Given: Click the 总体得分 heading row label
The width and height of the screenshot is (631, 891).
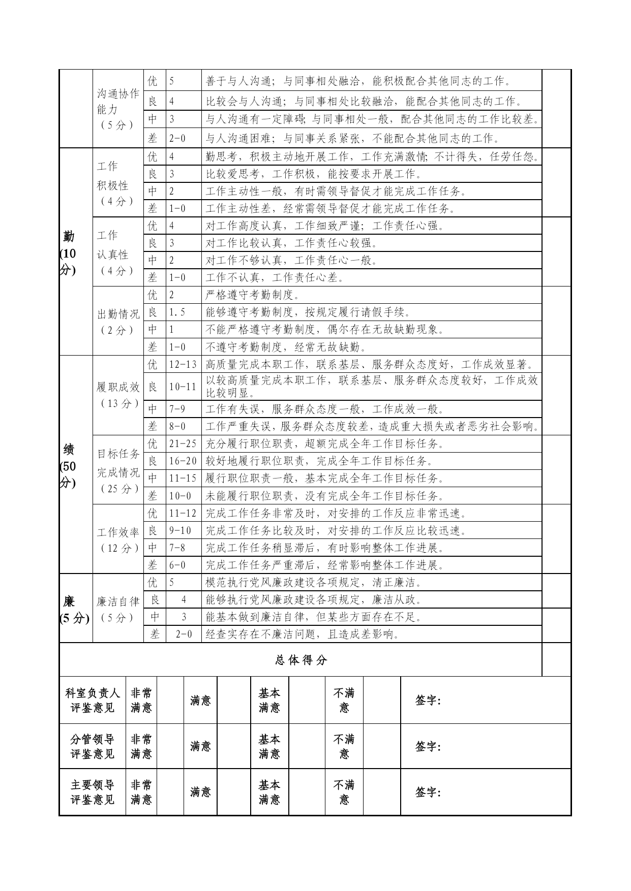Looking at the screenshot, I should pyautogui.click(x=301, y=660).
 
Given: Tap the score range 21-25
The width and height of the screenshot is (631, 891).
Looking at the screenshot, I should pyautogui.click(x=183, y=443).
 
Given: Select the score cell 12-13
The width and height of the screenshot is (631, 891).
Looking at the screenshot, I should pyautogui.click(x=183, y=365).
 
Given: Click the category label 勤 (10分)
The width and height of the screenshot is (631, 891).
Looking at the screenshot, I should pyautogui.click(x=69, y=253).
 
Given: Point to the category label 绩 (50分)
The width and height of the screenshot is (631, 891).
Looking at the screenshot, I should pyautogui.click(x=69, y=466).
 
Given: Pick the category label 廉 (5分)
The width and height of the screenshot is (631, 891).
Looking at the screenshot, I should pyautogui.click(x=75, y=610).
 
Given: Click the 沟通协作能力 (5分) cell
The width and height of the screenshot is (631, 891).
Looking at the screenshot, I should pyautogui.click(x=118, y=109).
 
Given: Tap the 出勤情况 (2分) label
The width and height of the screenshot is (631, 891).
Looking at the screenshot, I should pyautogui.click(x=118, y=322).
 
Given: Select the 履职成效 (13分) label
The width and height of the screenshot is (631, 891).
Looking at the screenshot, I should pyautogui.click(x=118, y=395).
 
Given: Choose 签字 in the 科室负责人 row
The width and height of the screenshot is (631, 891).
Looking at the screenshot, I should pyautogui.click(x=428, y=701).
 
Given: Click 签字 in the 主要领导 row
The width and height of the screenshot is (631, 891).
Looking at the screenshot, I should pyautogui.click(x=428, y=792).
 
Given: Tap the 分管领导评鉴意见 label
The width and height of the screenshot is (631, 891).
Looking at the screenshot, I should pyautogui.click(x=93, y=746).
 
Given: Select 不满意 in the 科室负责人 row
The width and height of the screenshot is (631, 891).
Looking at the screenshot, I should pyautogui.click(x=344, y=700).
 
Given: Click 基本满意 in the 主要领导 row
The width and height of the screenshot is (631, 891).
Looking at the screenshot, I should pyautogui.click(x=269, y=792).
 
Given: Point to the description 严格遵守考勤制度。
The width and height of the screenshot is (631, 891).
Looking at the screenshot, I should pyautogui.click(x=253, y=295).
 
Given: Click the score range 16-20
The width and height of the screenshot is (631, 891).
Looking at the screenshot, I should pyautogui.click(x=183, y=461).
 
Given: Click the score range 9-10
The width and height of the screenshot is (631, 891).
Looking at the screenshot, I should pyautogui.click(x=180, y=530).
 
